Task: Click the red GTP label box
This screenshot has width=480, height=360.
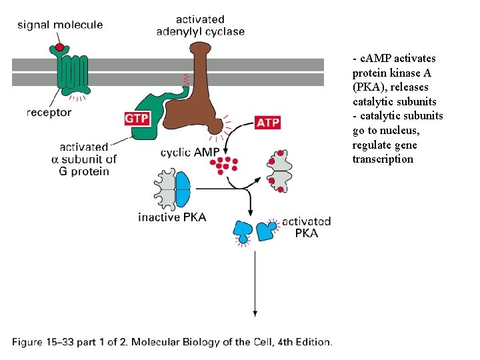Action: click(137, 119)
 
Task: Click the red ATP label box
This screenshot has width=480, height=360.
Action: click(267, 123)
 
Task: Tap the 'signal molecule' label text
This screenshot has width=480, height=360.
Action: click(60, 25)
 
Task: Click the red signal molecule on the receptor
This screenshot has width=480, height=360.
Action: click(60, 47)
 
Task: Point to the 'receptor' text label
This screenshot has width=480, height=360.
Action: click(49, 113)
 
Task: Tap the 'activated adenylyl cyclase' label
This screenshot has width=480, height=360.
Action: click(200, 25)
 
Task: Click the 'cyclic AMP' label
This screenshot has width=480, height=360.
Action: click(189, 153)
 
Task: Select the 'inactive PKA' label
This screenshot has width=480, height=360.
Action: click(172, 217)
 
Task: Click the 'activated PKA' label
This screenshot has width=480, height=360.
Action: click(306, 227)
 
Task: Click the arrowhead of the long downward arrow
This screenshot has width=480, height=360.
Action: click(254, 312)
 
